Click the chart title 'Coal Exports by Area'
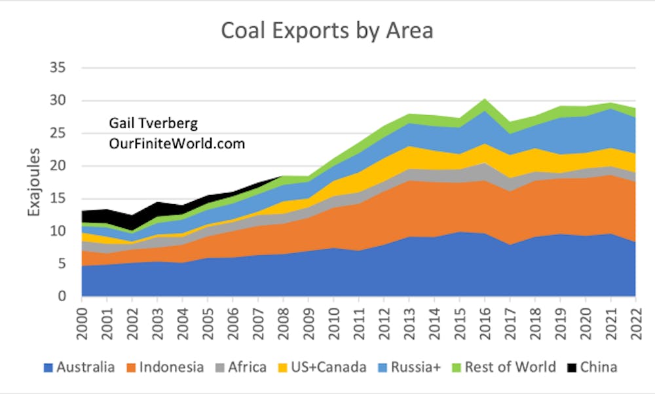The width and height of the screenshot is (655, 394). (x=327, y=31)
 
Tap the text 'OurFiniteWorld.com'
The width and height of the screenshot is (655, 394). (x=177, y=143)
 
